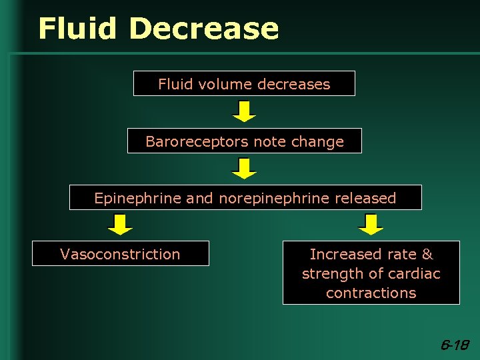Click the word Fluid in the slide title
(79, 29)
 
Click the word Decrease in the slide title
(203, 29)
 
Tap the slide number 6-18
(455, 345)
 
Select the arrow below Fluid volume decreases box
(244, 111)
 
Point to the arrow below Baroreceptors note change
(244, 168)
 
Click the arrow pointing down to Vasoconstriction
(120, 225)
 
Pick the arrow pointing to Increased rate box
(371, 225)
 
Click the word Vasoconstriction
(120, 254)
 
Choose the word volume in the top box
(222, 84)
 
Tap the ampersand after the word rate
(427, 254)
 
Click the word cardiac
(415, 273)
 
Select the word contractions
(371, 293)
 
